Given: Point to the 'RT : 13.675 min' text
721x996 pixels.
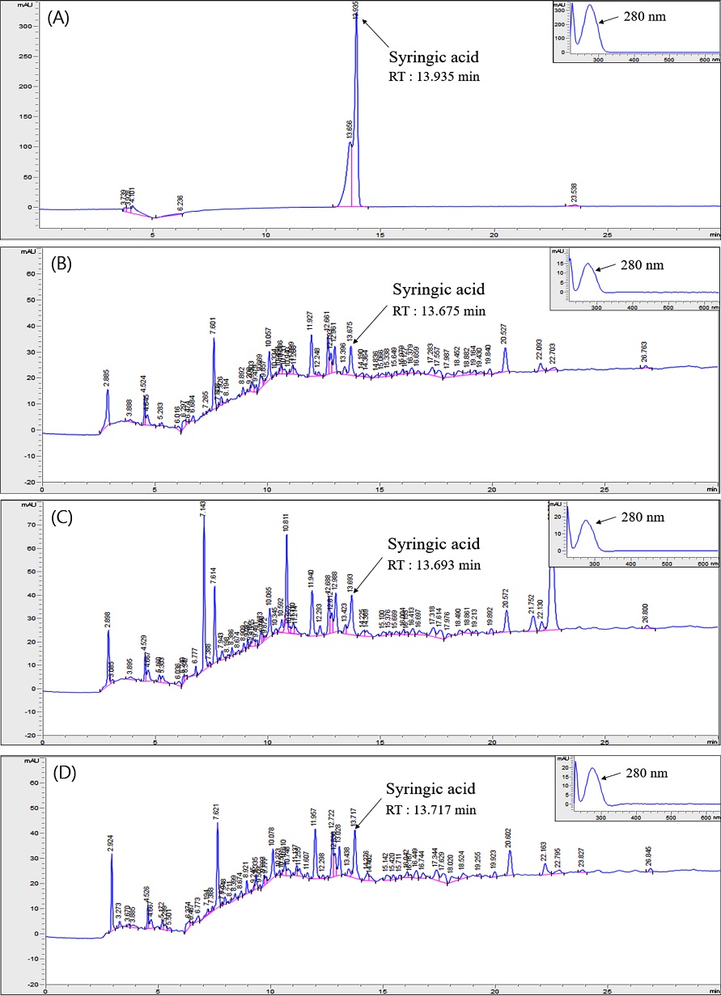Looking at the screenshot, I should (439, 311).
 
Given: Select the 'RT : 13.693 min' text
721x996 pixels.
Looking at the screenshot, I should (434, 565).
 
